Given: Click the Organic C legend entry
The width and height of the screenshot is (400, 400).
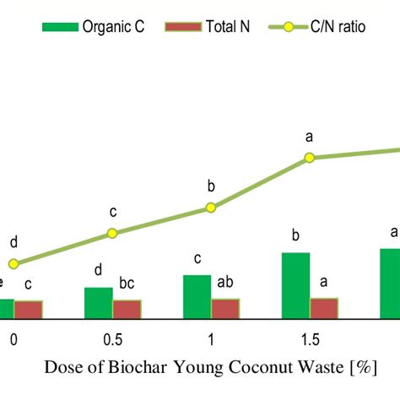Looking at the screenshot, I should click(x=94, y=26).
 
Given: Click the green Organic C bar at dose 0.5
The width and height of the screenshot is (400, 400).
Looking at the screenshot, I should click(x=98, y=303).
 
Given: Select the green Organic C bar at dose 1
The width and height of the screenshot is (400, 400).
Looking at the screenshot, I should click(x=197, y=297).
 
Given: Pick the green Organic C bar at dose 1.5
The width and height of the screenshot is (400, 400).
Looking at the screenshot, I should click(x=295, y=285).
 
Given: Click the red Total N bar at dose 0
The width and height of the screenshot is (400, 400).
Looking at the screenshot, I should click(x=28, y=310).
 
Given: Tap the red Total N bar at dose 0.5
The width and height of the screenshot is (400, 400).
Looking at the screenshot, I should click(x=127, y=309).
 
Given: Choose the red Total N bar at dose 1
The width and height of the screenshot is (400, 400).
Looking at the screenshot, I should click(x=225, y=308).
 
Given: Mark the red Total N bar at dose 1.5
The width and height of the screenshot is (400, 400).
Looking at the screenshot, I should click(x=324, y=308).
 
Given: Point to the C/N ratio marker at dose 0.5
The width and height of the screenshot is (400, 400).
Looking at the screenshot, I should click(x=112, y=233).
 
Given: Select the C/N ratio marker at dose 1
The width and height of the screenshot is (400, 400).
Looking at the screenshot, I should click(x=211, y=208).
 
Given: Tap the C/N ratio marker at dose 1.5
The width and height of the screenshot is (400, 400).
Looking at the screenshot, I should click(x=310, y=157).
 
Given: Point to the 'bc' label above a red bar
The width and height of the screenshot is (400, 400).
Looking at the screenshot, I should click(x=127, y=284).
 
